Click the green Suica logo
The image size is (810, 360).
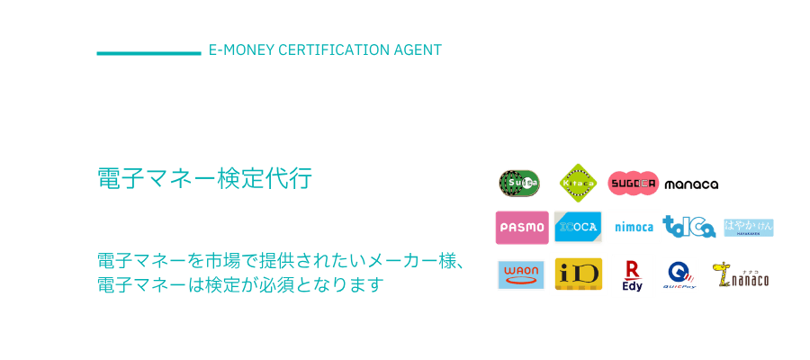click(518, 183)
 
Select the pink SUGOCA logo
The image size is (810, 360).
click(634, 184)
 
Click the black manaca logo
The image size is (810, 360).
click(691, 184)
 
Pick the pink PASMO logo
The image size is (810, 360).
click(522, 227)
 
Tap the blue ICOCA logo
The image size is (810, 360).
click(577, 227)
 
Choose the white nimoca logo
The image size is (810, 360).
click(634, 227)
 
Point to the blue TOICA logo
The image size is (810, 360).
click(689, 227)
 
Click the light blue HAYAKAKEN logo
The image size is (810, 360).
click(749, 228)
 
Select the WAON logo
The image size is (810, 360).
click(520, 274)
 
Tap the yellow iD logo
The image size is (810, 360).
click(578, 274)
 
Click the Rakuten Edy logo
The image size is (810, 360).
click(633, 275)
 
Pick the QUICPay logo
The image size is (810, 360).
click(679, 275)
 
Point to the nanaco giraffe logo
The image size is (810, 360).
click(740, 275)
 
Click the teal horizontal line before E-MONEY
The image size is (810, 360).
click(148, 53)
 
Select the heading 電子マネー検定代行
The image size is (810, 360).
click(204, 178)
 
